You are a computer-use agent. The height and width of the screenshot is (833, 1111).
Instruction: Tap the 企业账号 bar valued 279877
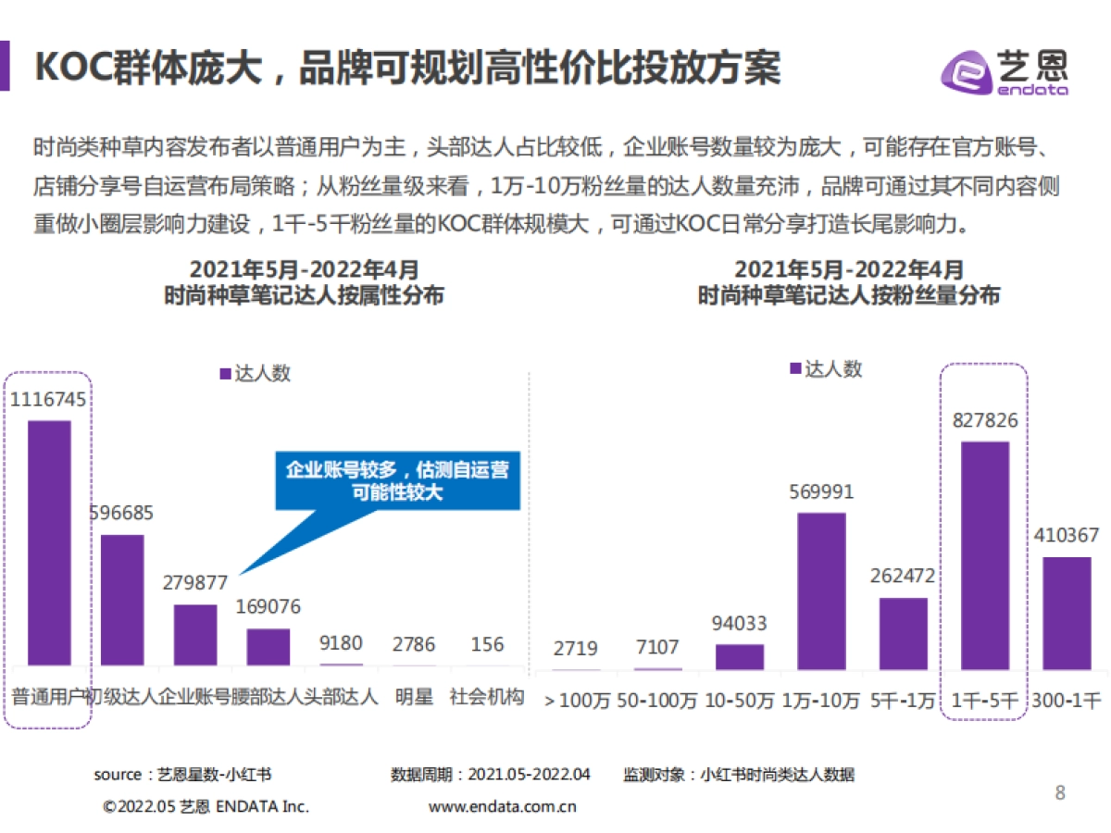click(x=194, y=635)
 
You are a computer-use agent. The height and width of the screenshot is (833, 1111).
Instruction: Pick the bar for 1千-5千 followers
click(x=984, y=555)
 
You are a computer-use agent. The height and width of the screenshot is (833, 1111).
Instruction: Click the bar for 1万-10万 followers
click(x=821, y=591)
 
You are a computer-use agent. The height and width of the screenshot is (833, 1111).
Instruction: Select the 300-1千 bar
click(x=1067, y=613)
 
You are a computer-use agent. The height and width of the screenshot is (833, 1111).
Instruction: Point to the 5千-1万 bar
click(x=903, y=633)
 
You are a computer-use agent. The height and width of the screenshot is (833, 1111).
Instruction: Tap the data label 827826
click(x=984, y=421)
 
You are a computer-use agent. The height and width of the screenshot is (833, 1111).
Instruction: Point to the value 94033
click(x=740, y=624)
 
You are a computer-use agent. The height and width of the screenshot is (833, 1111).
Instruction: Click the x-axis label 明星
click(x=413, y=697)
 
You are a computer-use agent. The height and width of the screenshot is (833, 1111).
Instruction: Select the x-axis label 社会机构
click(x=487, y=697)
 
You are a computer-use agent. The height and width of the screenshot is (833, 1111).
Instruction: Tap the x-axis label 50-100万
click(x=657, y=701)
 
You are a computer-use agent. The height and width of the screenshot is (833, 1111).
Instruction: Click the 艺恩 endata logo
click(x=1005, y=71)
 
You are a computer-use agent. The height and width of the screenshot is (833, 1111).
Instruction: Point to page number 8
click(x=1060, y=792)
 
